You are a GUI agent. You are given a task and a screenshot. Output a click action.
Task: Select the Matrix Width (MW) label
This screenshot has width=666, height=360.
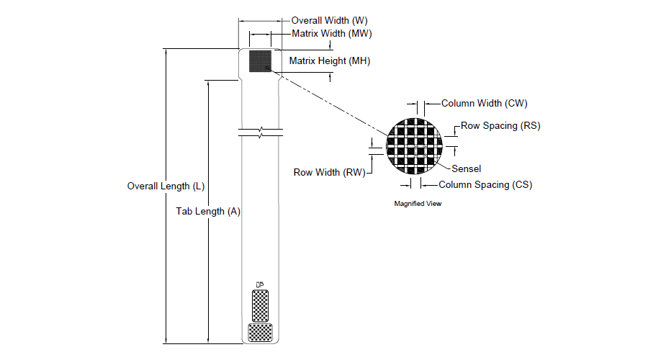pos(331,34)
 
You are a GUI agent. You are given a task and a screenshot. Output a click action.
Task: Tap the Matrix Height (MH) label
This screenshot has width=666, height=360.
pos(330,61)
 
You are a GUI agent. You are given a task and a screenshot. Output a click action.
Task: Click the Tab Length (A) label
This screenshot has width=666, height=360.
pos(209,212)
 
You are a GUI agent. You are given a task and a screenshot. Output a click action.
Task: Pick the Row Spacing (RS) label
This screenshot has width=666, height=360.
pos(500,126)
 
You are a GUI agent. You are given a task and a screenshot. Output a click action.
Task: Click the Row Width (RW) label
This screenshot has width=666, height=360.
pos(330,172)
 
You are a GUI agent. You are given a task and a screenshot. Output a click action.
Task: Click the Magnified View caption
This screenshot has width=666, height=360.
pos(418,204)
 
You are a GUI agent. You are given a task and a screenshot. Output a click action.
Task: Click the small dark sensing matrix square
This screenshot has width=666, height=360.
pos(260,61)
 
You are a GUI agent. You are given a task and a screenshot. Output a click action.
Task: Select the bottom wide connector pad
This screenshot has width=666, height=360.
pos(260,331)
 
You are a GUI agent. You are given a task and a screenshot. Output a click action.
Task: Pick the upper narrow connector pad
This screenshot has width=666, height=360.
pos(260,305)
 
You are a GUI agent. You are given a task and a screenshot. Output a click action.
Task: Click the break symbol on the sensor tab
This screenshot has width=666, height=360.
pos(260,132)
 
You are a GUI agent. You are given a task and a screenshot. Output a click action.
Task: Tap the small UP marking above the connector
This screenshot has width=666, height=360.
pos(260,283)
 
